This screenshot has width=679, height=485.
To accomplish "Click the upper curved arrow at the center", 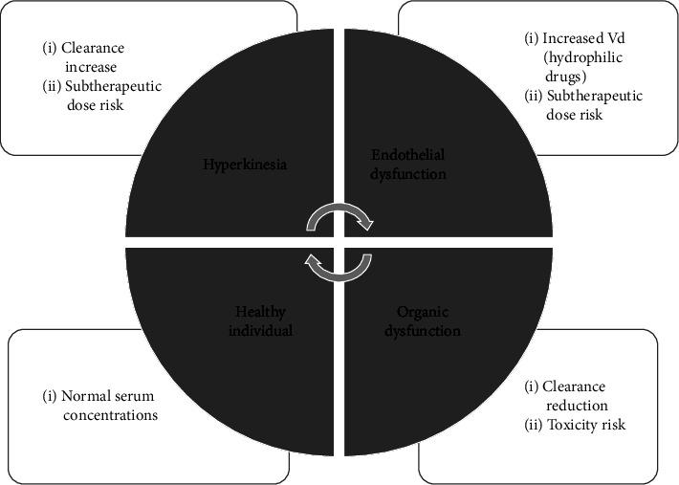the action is tap(339, 219).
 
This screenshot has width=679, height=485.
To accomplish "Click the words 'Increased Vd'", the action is tap(582, 38).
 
